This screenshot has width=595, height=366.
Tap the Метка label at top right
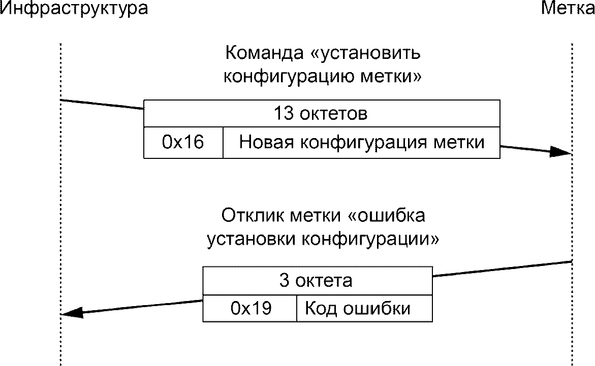(568, 8)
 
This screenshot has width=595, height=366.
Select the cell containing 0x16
(183, 143)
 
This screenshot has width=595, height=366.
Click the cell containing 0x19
(249, 308)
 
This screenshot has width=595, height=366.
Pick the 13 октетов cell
(322, 113)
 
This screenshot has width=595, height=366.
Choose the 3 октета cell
(318, 281)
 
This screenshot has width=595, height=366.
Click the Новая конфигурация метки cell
(362, 143)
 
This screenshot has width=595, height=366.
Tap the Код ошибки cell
(365, 308)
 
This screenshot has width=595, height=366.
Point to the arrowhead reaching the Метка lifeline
(561, 152)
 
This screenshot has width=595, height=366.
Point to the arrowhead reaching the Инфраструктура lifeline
(72, 313)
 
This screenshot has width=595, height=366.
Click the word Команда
(265, 53)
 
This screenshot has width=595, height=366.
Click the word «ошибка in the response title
(387, 215)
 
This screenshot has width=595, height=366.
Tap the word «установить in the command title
(366, 53)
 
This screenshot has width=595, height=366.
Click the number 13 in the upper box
(284, 113)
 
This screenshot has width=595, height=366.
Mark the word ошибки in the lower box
(377, 308)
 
